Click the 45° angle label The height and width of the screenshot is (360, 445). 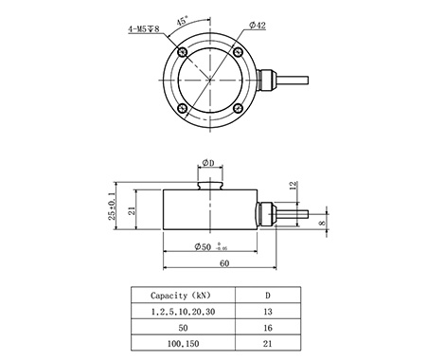click(182, 21)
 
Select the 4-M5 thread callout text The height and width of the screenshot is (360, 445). click(144, 29)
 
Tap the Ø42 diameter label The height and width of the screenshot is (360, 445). click(258, 26)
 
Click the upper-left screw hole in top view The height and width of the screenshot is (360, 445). click(183, 52)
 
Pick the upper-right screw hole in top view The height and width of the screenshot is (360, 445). click(238, 52)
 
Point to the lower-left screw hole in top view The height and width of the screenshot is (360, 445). click(183, 108)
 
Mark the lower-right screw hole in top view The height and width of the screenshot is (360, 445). click(238, 108)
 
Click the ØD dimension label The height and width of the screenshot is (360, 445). click(208, 163)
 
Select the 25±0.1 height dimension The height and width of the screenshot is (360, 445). click(112, 206)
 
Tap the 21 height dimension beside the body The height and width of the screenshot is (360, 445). click(132, 210)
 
